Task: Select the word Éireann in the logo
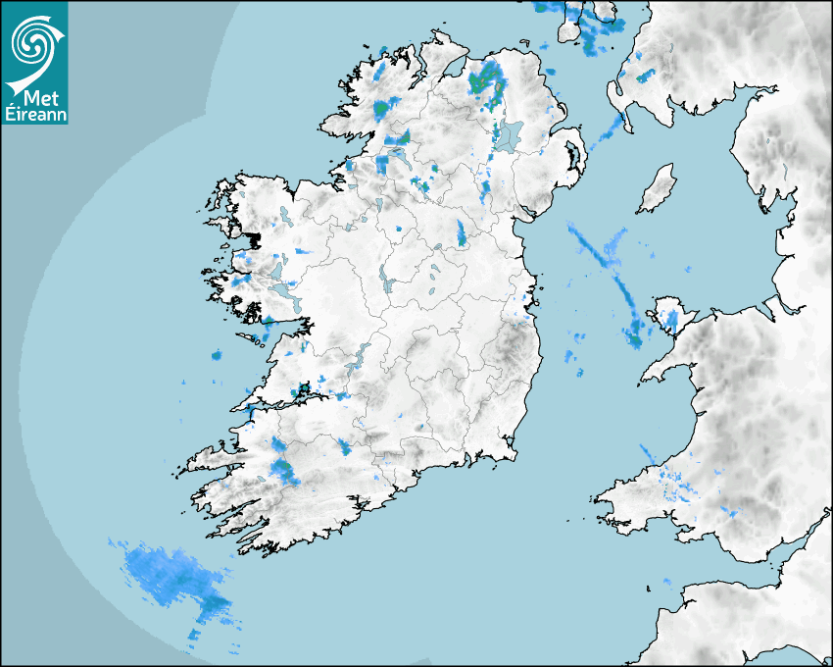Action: click(x=35, y=114)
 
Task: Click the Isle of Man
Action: click(x=657, y=189)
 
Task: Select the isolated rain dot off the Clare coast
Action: click(x=217, y=355)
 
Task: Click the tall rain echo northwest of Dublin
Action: click(x=462, y=232)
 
